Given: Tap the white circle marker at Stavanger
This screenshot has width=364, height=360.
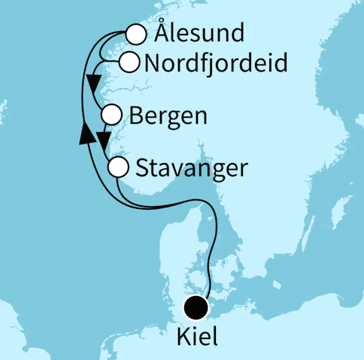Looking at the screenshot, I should click(118, 167).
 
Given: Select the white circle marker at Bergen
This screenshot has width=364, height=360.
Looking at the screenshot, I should click(111, 115).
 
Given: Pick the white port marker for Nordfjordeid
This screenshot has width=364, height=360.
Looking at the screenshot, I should click(129, 62).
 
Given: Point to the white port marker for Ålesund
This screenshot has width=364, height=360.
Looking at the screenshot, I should click(135, 35).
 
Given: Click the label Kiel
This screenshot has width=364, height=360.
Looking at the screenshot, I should click(196, 336).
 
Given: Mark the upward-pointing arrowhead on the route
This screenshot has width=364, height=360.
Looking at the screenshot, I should click(86, 133).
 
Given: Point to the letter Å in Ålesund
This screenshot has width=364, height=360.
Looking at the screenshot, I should click(159, 33).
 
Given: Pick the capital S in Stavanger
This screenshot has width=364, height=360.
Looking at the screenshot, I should click(143, 167).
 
